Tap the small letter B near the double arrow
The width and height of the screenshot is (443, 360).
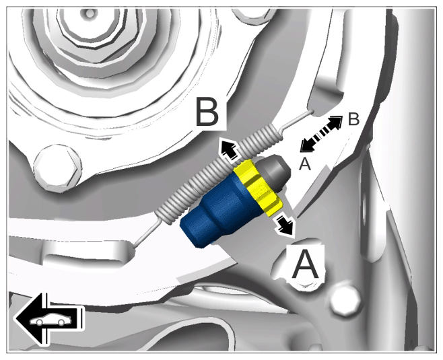pyautogui.click(x=353, y=119)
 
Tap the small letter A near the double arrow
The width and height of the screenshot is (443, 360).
pyautogui.click(x=305, y=164)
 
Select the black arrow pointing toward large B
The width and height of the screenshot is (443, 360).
pyautogui.click(x=229, y=149)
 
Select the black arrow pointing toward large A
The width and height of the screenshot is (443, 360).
pyautogui.click(x=283, y=223)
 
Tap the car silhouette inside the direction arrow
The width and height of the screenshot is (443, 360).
pyautogui.click(x=52, y=321)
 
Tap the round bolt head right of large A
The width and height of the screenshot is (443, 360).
pyautogui.click(x=345, y=301)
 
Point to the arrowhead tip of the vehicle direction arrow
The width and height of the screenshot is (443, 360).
pyautogui.click(x=15, y=318)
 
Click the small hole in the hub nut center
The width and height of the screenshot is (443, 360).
pyautogui.click(x=90, y=13)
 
